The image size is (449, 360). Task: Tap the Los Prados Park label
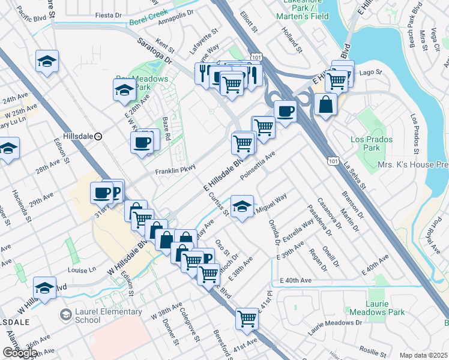[x=372, y=143]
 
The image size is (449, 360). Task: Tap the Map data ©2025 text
[x=423, y=355]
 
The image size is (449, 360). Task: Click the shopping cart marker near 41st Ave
[x=247, y=319]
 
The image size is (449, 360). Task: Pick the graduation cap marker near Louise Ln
[x=45, y=287]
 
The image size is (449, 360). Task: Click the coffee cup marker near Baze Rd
[x=142, y=143]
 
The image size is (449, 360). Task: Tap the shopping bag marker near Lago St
[x=325, y=104]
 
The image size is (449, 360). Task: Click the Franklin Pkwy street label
[x=176, y=171]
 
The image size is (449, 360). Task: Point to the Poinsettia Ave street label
[x=257, y=165]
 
